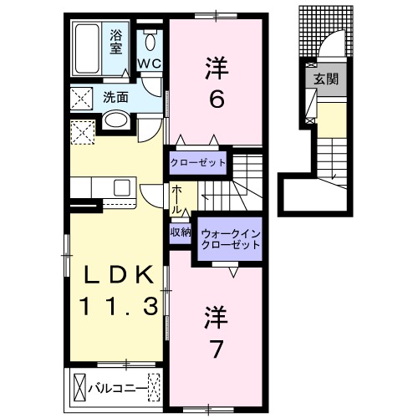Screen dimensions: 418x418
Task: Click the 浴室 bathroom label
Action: [116, 41]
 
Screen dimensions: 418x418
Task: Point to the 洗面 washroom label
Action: [115, 97]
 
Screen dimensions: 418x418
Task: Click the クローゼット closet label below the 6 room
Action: [198, 162]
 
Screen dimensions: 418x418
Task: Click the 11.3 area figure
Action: [119, 307]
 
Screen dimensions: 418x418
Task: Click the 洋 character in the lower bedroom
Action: [215, 315]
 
